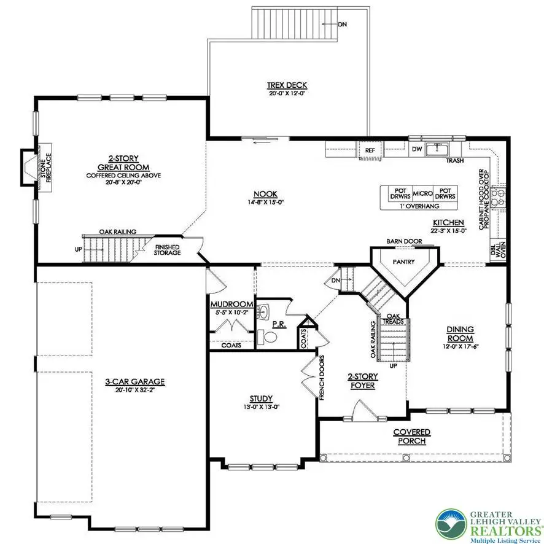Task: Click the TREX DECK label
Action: pyautogui.click(x=287, y=85)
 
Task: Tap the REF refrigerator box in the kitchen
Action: pyautogui.click(x=370, y=150)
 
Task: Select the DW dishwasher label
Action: pyautogui.click(x=416, y=149)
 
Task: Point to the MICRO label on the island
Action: pyautogui.click(x=422, y=194)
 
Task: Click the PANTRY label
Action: pyautogui.click(x=404, y=262)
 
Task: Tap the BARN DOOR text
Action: pyautogui.click(x=403, y=241)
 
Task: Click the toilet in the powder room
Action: pyautogui.click(x=267, y=337)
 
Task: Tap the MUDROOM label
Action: pyautogui.click(x=231, y=304)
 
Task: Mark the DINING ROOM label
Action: pyautogui.click(x=459, y=334)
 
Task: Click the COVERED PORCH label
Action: pyautogui.click(x=412, y=437)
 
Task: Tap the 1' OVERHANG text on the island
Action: pyautogui.click(x=421, y=207)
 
